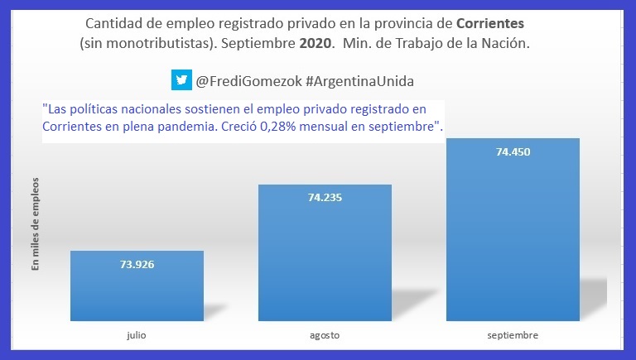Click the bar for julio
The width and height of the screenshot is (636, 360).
click(137, 286)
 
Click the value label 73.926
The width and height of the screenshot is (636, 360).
click(137, 265)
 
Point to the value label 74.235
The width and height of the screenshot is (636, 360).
click(325, 198)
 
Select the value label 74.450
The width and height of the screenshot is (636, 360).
click(513, 152)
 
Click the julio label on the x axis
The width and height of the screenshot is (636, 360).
click(137, 335)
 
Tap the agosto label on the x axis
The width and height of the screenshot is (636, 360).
click(325, 335)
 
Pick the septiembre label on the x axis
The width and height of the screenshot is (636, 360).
click(513, 335)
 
